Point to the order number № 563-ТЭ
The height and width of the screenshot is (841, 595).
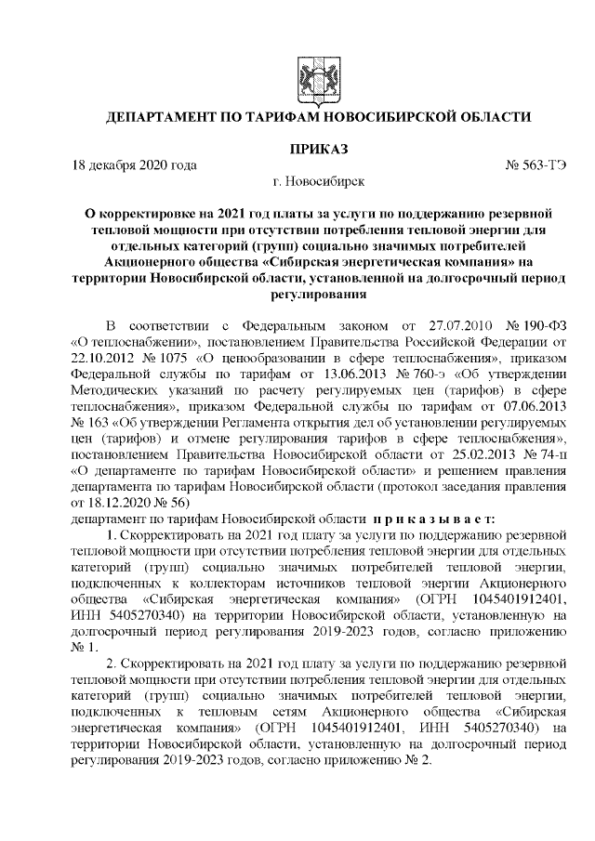(x=535, y=166)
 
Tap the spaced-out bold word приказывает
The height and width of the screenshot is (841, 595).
(x=436, y=518)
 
